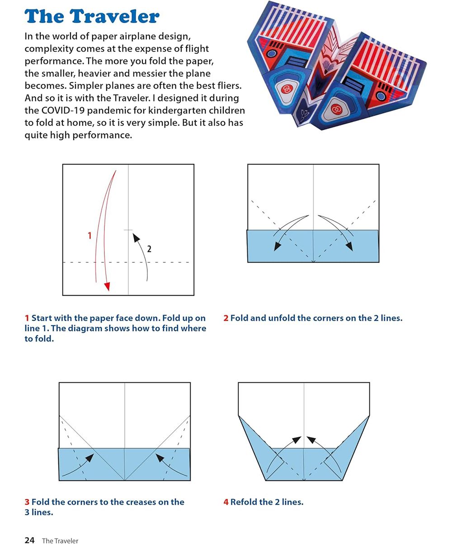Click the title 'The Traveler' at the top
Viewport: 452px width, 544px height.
pyautogui.click(x=92, y=17)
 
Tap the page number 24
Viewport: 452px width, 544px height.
pyautogui.click(x=29, y=540)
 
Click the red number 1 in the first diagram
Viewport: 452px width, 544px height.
pyautogui.click(x=89, y=235)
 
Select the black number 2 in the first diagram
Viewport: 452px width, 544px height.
pyautogui.click(x=149, y=248)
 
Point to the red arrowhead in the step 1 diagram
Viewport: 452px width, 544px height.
pyautogui.click(x=107, y=286)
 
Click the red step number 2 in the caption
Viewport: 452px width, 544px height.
pyautogui.click(x=226, y=318)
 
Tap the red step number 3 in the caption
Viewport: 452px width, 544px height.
pyautogui.click(x=27, y=502)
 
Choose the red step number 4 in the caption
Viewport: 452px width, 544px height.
pyautogui.click(x=226, y=502)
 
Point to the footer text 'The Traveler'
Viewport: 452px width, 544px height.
pyautogui.click(x=60, y=541)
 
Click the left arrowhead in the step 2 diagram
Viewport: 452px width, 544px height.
pyautogui.click(x=277, y=246)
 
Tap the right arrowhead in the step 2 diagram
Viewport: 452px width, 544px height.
pyautogui.click(x=349, y=246)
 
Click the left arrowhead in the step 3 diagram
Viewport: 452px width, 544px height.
pyautogui.click(x=90, y=457)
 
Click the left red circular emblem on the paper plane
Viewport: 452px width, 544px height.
pyautogui.click(x=286, y=89)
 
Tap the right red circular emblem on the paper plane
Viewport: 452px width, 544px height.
pyautogui.click(x=335, y=108)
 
